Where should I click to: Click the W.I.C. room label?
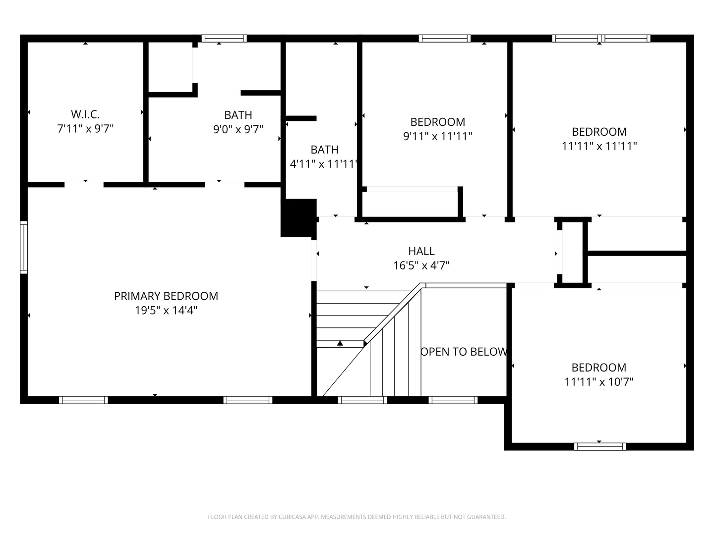[85, 114]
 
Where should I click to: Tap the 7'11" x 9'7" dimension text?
[85, 129]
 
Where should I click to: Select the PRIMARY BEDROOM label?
[166, 296]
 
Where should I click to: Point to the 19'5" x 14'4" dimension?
[166, 311]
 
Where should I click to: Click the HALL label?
[421, 251]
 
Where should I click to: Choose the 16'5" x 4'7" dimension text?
[421, 266]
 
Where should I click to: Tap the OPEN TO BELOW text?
[464, 352]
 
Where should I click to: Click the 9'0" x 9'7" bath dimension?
[238, 130]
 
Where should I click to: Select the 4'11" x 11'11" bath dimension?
[324, 164]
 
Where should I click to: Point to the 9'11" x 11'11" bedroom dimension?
[437, 136]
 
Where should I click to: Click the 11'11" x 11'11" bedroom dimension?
[599, 146]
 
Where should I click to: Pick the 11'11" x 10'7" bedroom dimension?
[599, 382]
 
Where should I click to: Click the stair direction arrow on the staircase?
[340, 343]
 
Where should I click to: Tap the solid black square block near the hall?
[298, 217]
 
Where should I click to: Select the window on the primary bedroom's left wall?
[24, 247]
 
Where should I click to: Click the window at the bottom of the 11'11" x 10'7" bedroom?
[600, 447]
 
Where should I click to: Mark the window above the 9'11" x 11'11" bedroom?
[444, 38]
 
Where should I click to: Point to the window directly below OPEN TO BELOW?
[453, 400]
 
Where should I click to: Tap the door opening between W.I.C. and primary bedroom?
[84, 184]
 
